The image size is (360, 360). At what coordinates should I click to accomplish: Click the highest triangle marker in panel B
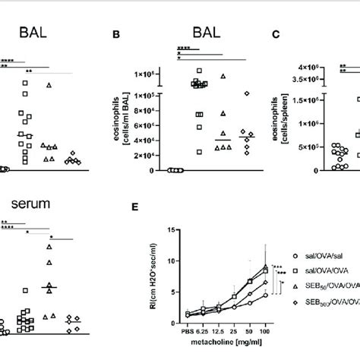tap(223, 76)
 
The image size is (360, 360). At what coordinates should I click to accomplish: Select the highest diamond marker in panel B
tap(246, 93)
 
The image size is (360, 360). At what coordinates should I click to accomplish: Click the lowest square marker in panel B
tap(200, 152)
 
